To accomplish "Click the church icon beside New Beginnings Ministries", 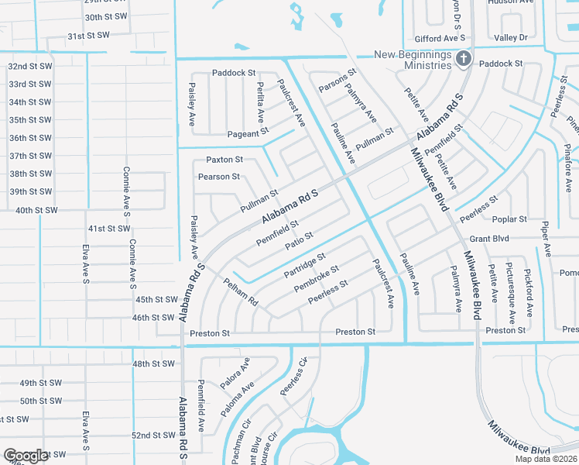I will tap(463, 58).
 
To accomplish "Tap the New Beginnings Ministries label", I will tap(413, 59).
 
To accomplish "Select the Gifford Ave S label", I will tap(440, 37).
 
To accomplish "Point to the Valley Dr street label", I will tap(510, 37).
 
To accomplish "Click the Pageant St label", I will tap(248, 133).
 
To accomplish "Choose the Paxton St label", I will tap(224, 160).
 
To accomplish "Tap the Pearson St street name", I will tap(219, 177).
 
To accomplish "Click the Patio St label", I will tap(298, 241).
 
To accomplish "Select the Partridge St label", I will tap(305, 264).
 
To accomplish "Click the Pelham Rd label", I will tap(241, 291).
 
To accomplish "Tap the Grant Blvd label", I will tap(489, 239).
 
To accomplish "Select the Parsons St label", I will tap(337, 81).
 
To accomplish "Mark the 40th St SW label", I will tap(36, 210).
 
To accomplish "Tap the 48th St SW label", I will tap(154, 363).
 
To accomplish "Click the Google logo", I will tap(26, 456).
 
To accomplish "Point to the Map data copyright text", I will tap(544, 459).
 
